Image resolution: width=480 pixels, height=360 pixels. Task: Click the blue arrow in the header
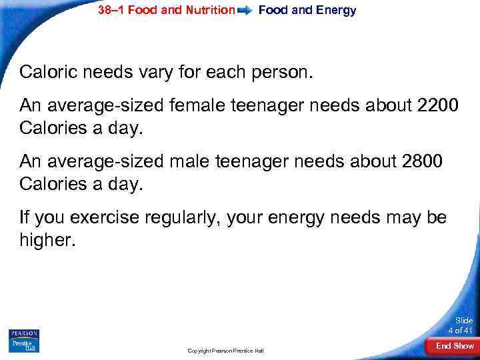(x=245, y=11)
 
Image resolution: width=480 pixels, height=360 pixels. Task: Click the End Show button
(x=454, y=346)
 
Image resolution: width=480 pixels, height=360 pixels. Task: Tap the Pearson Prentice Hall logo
(x=24, y=340)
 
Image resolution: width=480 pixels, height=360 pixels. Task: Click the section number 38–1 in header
(x=111, y=11)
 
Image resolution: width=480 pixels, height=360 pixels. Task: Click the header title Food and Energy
(x=307, y=11)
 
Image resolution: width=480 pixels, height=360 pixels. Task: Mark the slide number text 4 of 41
(x=460, y=331)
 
